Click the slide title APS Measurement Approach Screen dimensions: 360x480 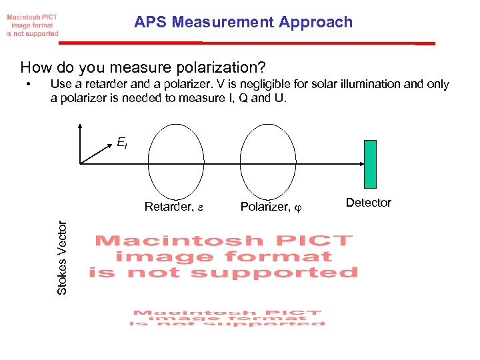[x=243, y=22]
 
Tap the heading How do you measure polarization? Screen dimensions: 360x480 [x=143, y=67]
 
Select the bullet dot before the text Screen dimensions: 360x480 [x=28, y=85]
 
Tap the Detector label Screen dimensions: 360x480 [x=369, y=203]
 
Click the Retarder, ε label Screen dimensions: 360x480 [x=173, y=207]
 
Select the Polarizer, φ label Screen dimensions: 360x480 [x=271, y=207]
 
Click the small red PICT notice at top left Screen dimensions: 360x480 [x=32, y=25]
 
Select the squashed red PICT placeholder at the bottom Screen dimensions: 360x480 [x=227, y=317]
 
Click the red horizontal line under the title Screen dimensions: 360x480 [x=247, y=43]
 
